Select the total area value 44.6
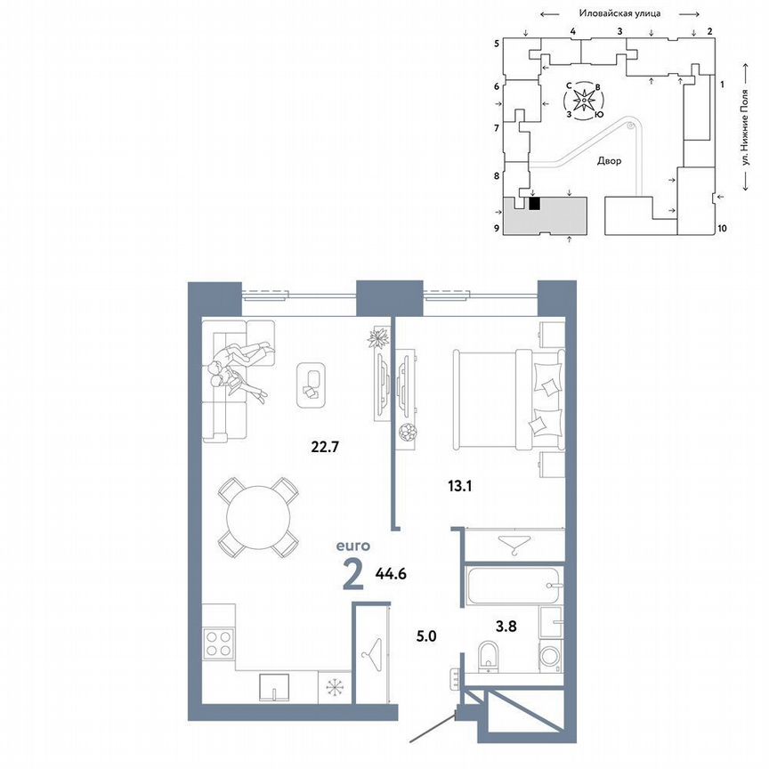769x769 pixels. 390,574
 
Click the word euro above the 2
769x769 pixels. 352,547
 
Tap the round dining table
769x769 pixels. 260,517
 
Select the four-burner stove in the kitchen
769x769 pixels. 219,643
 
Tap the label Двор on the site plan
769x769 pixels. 610,161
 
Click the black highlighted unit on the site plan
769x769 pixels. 535,204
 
